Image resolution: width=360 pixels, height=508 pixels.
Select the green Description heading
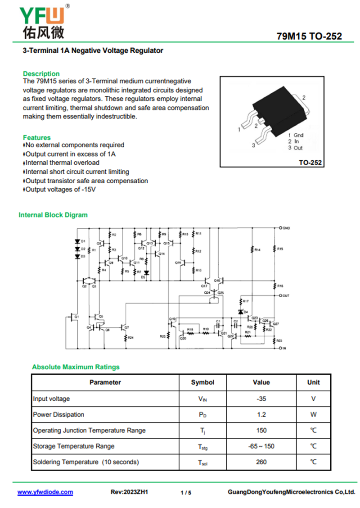click(41, 73)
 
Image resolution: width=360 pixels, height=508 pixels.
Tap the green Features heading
click(37, 137)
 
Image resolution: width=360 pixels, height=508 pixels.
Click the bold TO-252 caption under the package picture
click(310, 163)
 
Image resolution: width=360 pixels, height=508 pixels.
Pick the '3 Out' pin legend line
click(296, 148)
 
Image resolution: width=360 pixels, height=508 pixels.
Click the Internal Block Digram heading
click(53, 215)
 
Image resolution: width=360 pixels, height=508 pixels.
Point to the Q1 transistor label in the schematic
click(76, 317)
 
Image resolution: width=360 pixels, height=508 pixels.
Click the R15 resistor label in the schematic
click(280, 249)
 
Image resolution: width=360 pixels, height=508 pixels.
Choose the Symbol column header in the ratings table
click(202, 382)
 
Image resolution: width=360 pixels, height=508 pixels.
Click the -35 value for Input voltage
click(261, 399)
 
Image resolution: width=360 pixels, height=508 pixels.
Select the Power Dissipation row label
click(58, 414)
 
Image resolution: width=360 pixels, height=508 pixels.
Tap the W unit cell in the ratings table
click(313, 414)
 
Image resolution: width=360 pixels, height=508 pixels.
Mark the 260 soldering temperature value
click(261, 462)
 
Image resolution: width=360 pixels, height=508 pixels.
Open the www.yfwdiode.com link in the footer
click(45, 492)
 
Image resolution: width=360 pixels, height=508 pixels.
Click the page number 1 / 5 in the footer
click(186, 493)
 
